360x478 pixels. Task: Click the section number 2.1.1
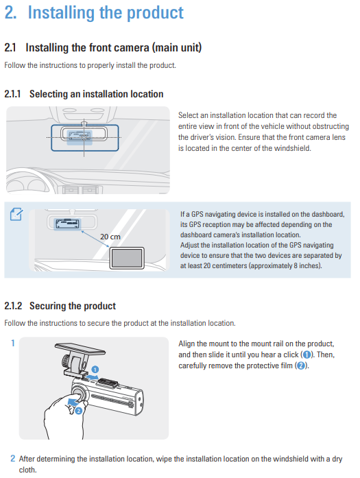point(12,94)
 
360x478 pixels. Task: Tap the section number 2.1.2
point(13,306)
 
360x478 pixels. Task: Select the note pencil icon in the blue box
point(16,214)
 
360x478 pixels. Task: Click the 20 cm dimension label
point(110,237)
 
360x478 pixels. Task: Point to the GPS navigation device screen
point(127,258)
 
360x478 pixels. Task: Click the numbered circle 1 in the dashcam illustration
point(95,370)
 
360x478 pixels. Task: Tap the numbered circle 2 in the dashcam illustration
point(79,411)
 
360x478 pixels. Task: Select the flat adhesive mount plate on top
point(80,349)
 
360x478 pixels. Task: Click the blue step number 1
point(13,344)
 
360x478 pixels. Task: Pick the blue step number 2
point(13,459)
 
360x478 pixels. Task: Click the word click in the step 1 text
point(291,355)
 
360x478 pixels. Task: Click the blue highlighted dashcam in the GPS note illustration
point(67,224)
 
